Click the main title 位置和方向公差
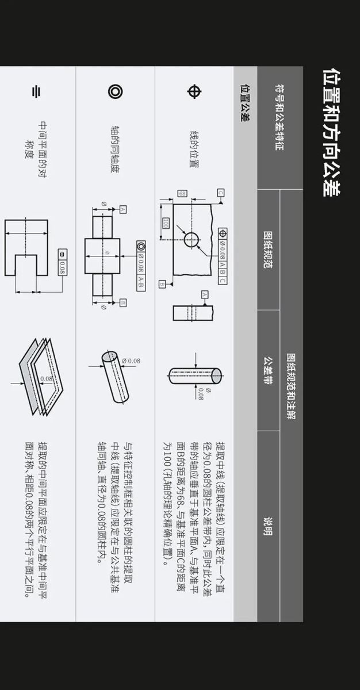[x=332, y=132]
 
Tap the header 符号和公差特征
[x=279, y=117]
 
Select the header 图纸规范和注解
[x=291, y=386]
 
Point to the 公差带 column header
[x=268, y=370]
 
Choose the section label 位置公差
[x=245, y=102]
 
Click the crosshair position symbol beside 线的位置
[x=194, y=91]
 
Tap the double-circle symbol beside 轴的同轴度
[x=116, y=91]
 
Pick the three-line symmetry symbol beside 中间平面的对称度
[x=36, y=92]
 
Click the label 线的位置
[x=194, y=149]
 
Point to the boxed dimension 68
[x=182, y=193]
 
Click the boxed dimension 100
[x=166, y=223]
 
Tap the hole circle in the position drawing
[x=192, y=240]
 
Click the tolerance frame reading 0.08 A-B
[x=141, y=266]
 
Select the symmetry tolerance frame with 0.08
[x=63, y=262]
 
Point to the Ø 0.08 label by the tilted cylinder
[x=131, y=361]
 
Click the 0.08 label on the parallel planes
[x=47, y=378]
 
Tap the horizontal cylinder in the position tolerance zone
[x=196, y=376]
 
